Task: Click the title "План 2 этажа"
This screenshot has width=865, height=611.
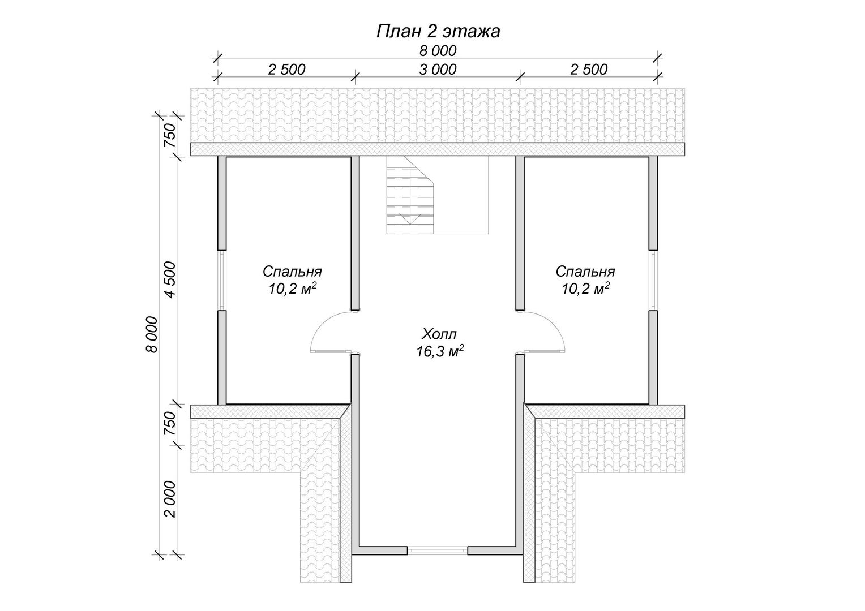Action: point(438,32)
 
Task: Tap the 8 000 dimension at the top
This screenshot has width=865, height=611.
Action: point(438,51)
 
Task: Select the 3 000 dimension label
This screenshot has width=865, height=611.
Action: point(438,70)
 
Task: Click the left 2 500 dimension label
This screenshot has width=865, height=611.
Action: point(287,70)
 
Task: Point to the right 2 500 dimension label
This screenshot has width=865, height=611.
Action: point(589,70)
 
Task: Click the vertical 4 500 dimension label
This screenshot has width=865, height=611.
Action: point(170,280)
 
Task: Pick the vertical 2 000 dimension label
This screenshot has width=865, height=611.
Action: point(170,499)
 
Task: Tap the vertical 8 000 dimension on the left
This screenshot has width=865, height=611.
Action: point(152,334)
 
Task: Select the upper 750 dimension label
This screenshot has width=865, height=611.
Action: point(170,135)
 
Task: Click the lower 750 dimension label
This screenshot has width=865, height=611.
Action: point(170,423)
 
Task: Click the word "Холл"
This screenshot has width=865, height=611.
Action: point(439,334)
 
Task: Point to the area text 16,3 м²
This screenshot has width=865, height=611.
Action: point(439,351)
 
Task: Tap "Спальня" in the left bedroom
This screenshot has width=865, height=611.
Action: point(292,272)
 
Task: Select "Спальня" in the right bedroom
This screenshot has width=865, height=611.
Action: point(585,272)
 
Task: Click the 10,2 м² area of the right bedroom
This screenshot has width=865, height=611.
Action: point(585,289)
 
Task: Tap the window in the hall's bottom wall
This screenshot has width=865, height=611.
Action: point(438,550)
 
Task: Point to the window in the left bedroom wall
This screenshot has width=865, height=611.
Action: point(222,280)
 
